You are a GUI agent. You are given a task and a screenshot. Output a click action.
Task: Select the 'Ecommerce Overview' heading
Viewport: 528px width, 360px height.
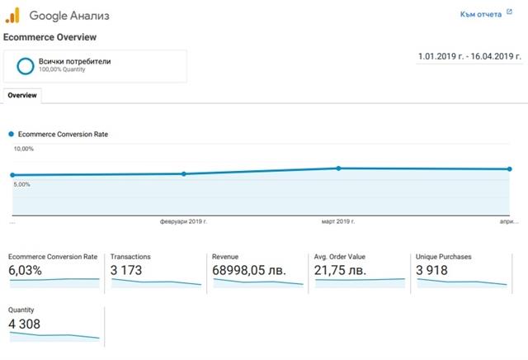coord(50,37)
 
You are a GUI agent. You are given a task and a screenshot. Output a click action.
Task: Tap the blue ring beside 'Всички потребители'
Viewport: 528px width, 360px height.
coord(25,65)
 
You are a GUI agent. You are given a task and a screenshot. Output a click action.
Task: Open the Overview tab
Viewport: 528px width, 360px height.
coord(22,95)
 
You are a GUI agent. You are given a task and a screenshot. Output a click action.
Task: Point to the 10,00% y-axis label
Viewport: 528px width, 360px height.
coord(23,149)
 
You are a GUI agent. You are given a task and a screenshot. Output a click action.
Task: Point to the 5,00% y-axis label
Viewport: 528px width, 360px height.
coord(21,184)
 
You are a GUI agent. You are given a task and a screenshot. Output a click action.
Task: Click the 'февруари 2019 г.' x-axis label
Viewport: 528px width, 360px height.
coord(183,222)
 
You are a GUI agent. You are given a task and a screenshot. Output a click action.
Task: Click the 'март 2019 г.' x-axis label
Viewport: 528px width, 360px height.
coord(337,222)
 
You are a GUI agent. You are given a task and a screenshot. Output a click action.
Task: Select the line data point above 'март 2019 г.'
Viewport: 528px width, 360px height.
coord(338,168)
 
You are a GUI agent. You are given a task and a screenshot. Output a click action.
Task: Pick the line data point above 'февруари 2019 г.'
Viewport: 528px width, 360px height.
coord(184,173)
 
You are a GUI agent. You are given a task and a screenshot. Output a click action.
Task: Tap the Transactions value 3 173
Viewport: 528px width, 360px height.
coord(129,270)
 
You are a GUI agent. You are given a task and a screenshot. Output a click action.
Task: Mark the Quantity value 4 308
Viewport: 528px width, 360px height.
coord(24,324)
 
